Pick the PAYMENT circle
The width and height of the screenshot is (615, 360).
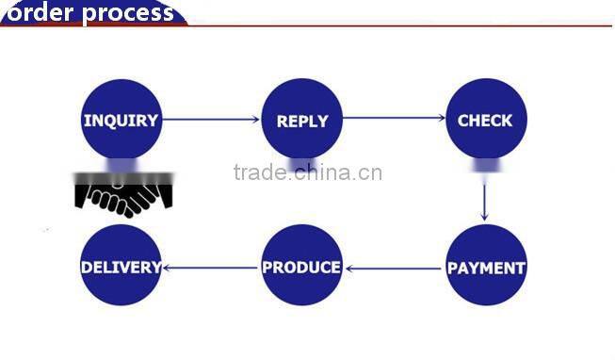point(485,266)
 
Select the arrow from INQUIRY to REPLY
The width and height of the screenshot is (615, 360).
point(211,120)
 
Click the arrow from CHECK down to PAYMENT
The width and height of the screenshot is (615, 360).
point(484,199)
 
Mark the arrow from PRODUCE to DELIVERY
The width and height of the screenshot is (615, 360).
point(211,268)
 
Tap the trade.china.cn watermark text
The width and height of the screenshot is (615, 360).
point(307,172)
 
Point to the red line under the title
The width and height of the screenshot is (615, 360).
point(396,25)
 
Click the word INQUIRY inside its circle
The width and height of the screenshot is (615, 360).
point(121,121)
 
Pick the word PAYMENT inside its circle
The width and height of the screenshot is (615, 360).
point(485,269)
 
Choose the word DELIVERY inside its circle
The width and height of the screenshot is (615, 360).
point(121,268)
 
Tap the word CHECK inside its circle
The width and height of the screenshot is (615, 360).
point(485,121)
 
